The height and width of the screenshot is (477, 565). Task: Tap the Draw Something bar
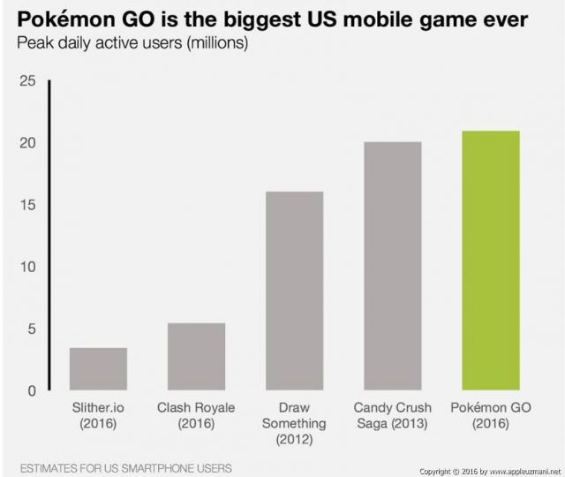click(x=295, y=291)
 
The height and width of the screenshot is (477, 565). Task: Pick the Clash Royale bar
click(x=196, y=356)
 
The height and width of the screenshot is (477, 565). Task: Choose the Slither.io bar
click(x=98, y=368)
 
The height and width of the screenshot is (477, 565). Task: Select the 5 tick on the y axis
click(x=30, y=329)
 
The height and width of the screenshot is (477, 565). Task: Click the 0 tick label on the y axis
click(x=30, y=390)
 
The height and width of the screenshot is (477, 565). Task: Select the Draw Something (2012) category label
click(x=295, y=423)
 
